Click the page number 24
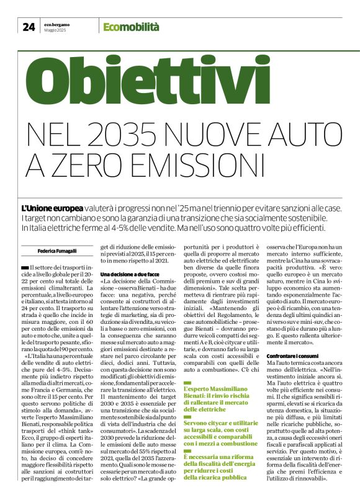[29, 27]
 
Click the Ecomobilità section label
[131, 27]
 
